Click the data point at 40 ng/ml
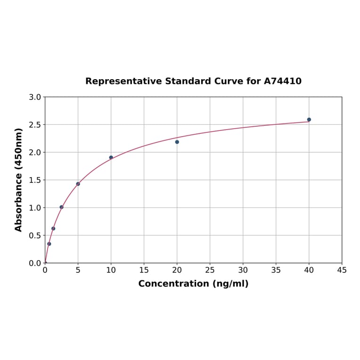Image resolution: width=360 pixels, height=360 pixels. pos(309,120)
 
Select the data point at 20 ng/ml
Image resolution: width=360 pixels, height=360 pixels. pos(177,142)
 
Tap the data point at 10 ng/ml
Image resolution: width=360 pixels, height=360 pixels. pos(111,157)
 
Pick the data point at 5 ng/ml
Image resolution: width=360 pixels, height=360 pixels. pos(78,184)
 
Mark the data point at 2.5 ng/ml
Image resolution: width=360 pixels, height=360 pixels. pos(61,207)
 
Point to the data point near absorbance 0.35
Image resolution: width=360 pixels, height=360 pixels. pos(49,244)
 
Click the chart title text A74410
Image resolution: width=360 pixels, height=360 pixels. pos(282,81)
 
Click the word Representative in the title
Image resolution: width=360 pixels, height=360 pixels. pos(123,81)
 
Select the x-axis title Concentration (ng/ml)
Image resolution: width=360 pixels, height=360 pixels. pos(193,284)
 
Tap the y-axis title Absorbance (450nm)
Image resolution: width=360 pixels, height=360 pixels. pos(19,180)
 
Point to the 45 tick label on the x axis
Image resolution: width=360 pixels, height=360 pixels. pos(342,270)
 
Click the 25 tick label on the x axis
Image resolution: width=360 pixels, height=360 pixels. pos(210,270)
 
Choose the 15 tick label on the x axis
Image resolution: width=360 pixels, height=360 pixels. pos(144,270)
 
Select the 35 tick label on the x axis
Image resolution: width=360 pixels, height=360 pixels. pos(276,270)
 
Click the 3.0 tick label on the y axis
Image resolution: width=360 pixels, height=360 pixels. pos(35,97)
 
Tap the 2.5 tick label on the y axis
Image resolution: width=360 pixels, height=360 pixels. pos(35,125)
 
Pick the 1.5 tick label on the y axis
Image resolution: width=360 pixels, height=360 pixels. pos(35,180)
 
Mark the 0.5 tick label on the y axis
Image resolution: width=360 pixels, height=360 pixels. pos(35,235)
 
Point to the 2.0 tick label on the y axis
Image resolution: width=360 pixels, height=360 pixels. pos(35,152)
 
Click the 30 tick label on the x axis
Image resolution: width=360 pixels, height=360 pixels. pos(243,270)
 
